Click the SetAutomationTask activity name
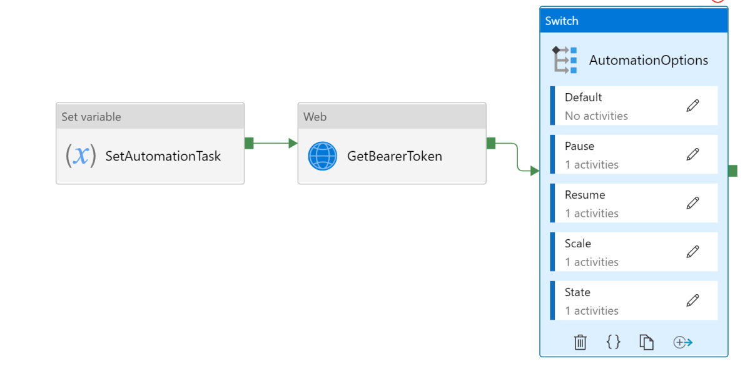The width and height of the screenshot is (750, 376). [163, 156]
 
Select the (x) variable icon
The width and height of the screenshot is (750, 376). [81, 156]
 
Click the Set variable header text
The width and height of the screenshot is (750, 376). [91, 117]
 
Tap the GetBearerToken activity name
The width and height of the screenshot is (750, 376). [394, 156]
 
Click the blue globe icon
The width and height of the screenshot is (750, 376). [323, 156]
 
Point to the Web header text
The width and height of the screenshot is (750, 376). [315, 117]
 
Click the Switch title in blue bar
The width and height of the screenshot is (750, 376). [562, 21]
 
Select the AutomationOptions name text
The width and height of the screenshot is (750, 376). [649, 61]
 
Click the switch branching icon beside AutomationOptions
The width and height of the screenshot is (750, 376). [564, 60]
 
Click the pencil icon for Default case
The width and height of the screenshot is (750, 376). [692, 106]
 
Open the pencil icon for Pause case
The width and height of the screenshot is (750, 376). [692, 154]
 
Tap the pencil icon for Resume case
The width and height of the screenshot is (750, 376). [692, 203]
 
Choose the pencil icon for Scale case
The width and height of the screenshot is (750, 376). [692, 252]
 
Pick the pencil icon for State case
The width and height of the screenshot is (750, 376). [692, 300]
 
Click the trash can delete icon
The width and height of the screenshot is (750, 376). [580, 342]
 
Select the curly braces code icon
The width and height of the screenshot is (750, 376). [613, 342]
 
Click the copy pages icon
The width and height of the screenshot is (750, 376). [646, 342]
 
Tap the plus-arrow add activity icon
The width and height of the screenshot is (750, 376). [682, 342]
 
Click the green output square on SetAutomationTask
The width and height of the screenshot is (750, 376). [249, 143]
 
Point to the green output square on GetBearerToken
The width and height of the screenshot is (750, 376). [491, 143]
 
